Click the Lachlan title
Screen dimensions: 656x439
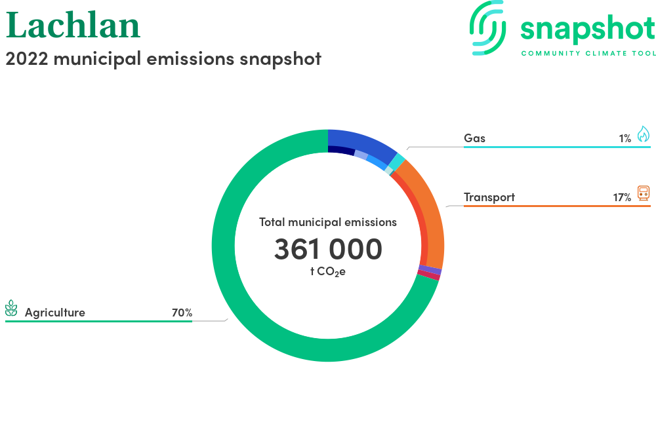tap(73, 26)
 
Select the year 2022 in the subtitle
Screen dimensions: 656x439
tap(27, 58)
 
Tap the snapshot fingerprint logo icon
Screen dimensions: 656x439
tap(487, 28)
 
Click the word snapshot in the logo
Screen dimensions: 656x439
tap(588, 29)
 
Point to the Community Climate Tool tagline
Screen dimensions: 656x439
tap(588, 54)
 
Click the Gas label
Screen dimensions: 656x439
tap(474, 138)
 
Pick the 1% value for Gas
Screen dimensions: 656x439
tap(625, 139)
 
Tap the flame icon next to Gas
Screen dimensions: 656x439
tap(644, 134)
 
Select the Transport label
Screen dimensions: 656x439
tap(489, 197)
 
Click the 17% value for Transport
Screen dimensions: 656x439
tap(622, 198)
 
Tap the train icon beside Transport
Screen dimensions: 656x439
tap(644, 193)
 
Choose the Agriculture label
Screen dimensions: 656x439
tap(55, 313)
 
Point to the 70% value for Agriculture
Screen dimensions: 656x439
tap(182, 313)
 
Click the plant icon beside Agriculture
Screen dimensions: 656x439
tap(11, 308)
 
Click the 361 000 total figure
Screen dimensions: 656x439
tap(328, 249)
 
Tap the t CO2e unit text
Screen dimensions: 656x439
tap(328, 272)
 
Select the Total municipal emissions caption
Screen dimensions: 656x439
tap(328, 222)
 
